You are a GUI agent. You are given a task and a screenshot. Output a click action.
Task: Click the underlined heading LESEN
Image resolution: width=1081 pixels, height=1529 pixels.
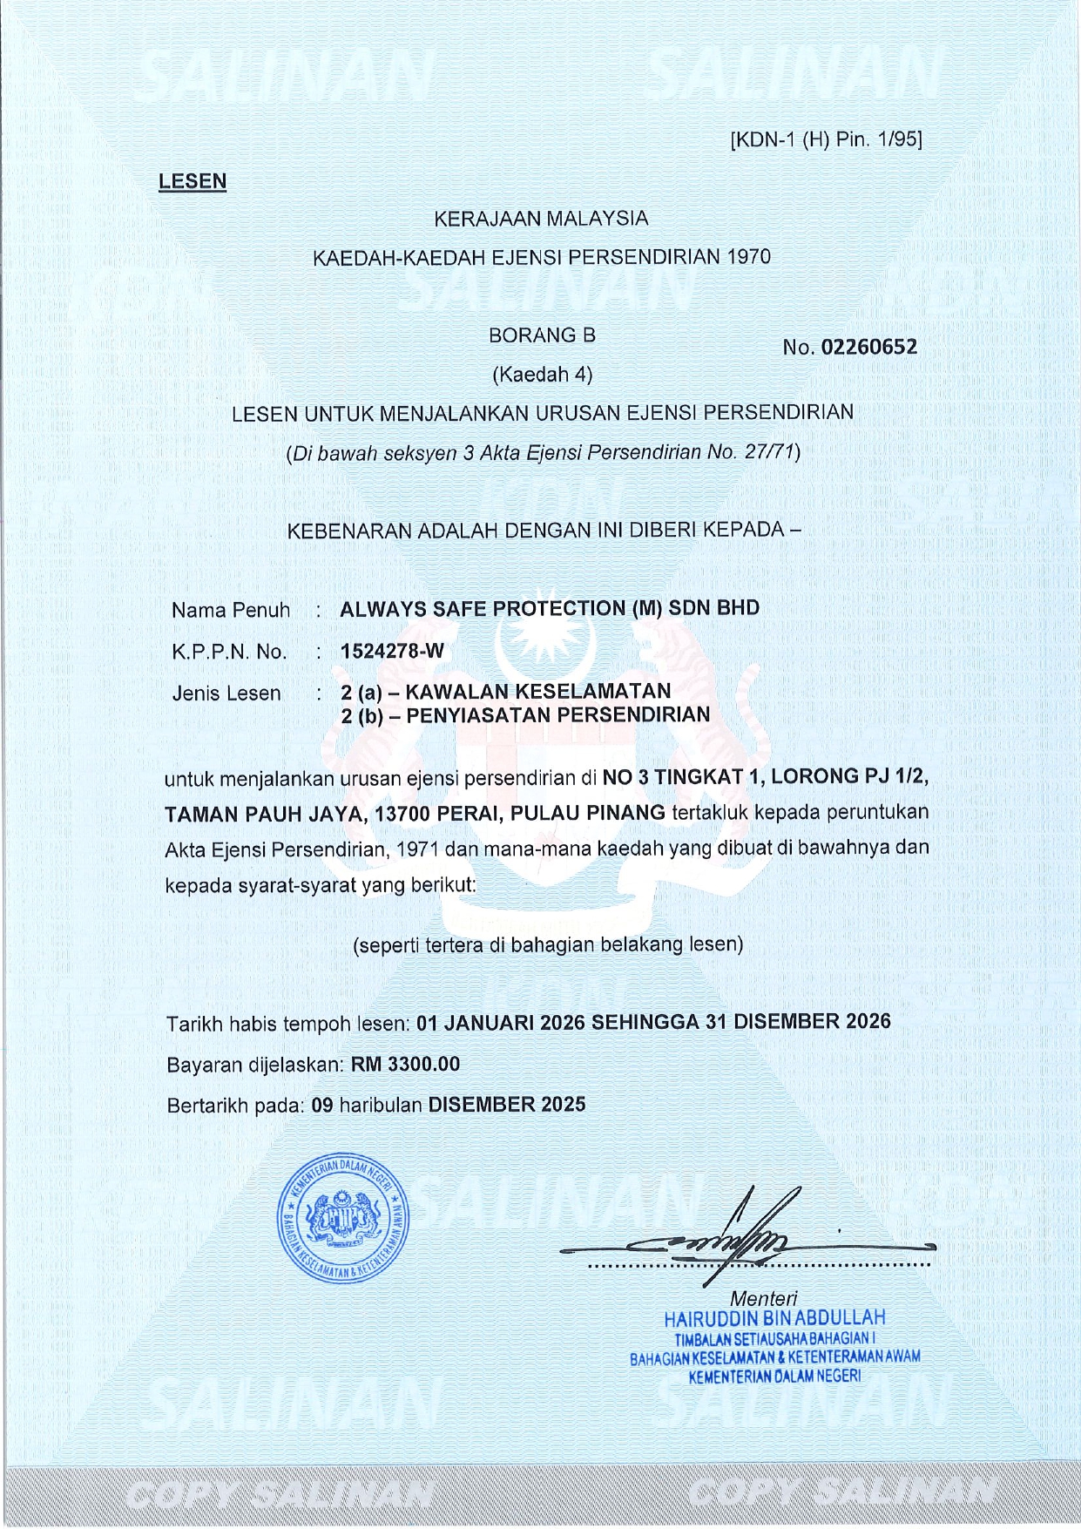pyautogui.click(x=192, y=181)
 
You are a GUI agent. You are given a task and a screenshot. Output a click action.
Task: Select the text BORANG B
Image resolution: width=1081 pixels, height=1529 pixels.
pyautogui.click(x=542, y=335)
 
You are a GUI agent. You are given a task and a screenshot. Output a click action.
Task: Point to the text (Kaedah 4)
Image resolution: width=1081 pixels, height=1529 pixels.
pyautogui.click(x=542, y=375)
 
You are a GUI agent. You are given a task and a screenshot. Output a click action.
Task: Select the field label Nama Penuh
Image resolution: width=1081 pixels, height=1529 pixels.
pyautogui.click(x=230, y=610)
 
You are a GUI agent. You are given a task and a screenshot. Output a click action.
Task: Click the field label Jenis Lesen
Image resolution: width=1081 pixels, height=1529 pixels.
pyautogui.click(x=226, y=693)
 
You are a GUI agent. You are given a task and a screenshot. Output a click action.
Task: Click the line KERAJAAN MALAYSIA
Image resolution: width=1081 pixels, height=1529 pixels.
pyautogui.click(x=541, y=219)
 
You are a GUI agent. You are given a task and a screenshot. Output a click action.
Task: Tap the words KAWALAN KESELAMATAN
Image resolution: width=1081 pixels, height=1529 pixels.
pyautogui.click(x=538, y=691)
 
